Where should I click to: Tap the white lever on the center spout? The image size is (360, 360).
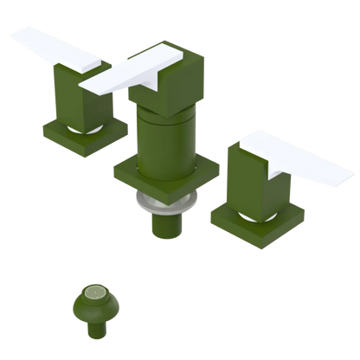tap(130, 74)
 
